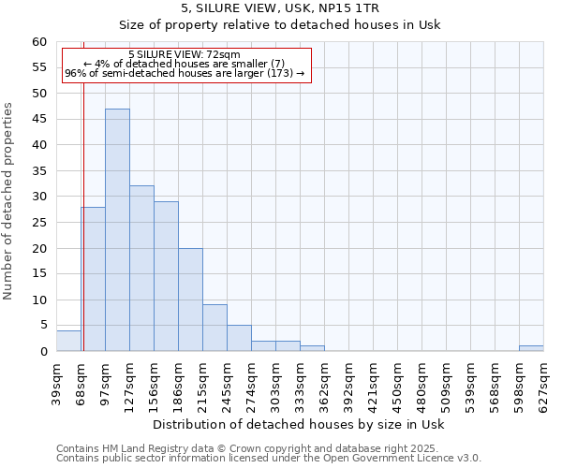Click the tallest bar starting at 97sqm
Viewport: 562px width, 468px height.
117,230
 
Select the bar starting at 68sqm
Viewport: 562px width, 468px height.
93,279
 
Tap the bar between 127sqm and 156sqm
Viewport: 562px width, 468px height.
141,269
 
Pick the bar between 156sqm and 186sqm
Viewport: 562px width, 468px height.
166,276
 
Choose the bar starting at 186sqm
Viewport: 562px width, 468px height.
190,300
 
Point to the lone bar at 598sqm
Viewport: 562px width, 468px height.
531,348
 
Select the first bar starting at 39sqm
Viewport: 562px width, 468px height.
68,341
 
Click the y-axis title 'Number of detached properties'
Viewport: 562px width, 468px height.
9,201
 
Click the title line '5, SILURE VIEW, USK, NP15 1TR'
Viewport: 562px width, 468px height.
281,7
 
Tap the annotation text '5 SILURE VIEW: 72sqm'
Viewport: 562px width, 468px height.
185,55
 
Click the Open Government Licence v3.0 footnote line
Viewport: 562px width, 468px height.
269,458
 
